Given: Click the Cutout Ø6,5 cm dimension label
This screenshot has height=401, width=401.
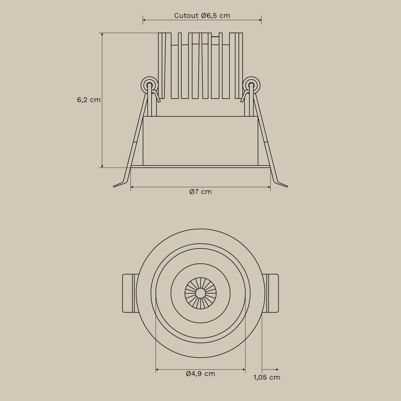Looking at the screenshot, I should [x=202, y=16].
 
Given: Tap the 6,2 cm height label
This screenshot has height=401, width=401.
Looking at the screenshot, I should [x=89, y=100].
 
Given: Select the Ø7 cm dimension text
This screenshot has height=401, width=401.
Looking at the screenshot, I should [x=200, y=192].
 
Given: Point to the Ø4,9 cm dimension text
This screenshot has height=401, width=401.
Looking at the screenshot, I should [x=200, y=373].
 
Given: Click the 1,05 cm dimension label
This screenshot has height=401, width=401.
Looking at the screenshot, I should [x=267, y=377].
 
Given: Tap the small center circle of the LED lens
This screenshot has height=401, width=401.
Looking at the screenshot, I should [x=200, y=293].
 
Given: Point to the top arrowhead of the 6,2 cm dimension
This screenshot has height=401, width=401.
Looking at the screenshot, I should [x=102, y=34].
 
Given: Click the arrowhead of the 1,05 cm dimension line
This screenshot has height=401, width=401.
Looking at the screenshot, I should [x=277, y=369].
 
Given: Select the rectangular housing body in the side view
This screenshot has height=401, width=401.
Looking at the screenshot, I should [x=200, y=141].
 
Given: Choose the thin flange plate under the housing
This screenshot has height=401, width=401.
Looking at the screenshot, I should [x=200, y=167].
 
